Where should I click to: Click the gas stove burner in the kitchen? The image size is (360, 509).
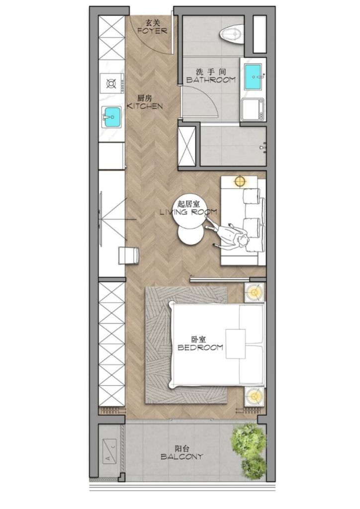tap(112, 83)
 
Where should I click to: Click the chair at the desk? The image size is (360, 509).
tap(127, 255)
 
